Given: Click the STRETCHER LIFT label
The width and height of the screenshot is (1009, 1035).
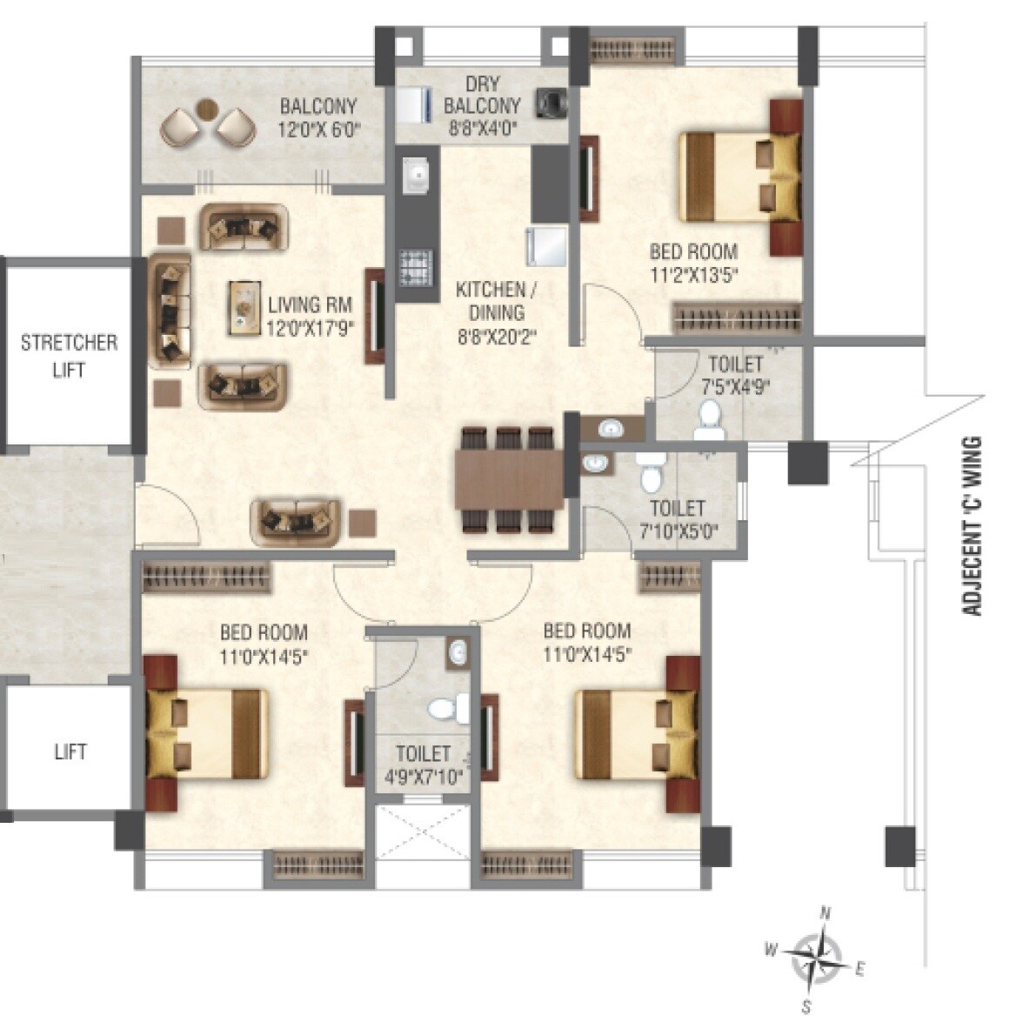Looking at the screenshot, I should coord(69,355).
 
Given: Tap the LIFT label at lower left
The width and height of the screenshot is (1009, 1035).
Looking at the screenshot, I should coord(70,750).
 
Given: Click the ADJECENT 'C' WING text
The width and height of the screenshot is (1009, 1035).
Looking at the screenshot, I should coord(972,526).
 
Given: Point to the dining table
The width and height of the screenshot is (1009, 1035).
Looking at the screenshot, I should coord(509,478).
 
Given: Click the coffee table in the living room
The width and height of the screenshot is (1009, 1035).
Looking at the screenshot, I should coord(246,307).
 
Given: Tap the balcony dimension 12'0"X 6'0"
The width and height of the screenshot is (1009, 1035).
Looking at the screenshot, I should coord(318,129).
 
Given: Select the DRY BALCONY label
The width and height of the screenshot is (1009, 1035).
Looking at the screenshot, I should coord(482,96).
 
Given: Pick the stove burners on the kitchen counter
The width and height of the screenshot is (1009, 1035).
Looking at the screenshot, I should coord(415,265).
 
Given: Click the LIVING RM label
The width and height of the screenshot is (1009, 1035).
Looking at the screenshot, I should coord(309,305).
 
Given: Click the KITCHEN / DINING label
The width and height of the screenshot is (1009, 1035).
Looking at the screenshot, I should coord(491,301).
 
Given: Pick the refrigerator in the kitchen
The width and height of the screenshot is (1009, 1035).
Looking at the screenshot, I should coord(545,244).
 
